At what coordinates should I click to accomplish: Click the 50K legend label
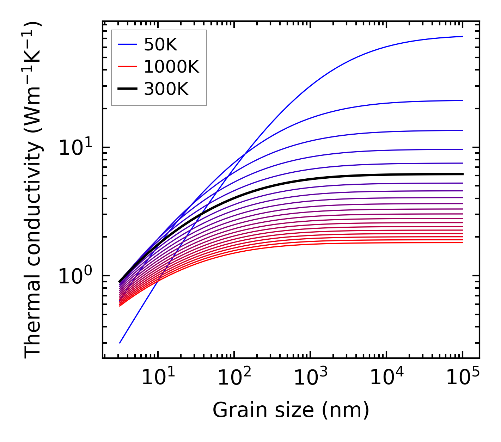[160, 44]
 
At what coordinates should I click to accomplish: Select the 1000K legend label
[171, 67]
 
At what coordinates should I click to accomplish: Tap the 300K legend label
[166, 89]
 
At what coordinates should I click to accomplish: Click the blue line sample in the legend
[127, 44]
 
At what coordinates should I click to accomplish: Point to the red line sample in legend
[127, 67]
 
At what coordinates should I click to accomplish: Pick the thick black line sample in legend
[127, 89]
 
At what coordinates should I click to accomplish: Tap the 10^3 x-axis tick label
[310, 379]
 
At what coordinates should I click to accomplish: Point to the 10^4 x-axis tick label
[386, 379]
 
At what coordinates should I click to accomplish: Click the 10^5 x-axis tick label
[462, 379]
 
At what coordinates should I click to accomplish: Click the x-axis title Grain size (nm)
[291, 410]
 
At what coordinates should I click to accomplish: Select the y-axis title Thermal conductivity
[33, 190]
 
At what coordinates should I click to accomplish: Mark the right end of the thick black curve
[462, 174]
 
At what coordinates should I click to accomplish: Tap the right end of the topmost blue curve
[462, 36]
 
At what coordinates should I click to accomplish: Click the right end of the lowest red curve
[462, 243]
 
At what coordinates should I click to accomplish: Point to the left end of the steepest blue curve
[120, 343]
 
